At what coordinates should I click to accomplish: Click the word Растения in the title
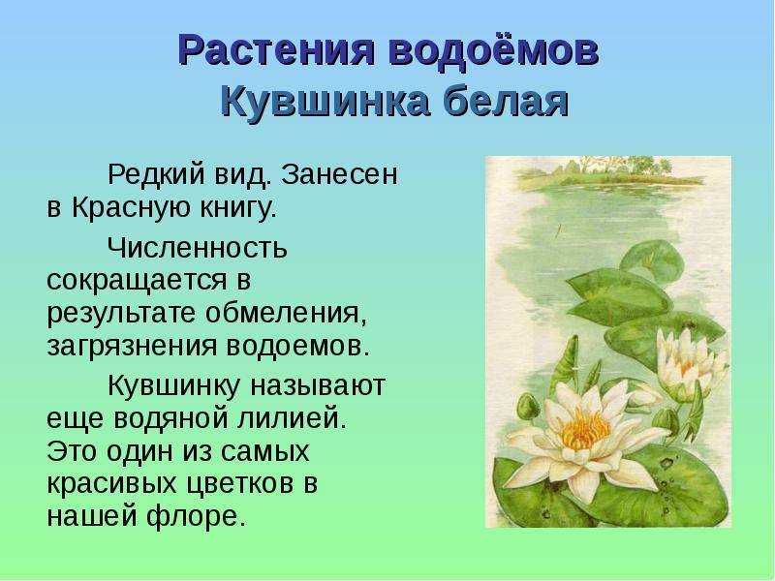[x=276, y=50]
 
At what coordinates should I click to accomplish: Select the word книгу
[x=238, y=208]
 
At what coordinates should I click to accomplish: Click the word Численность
[x=198, y=247]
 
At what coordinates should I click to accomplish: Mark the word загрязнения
[x=132, y=347]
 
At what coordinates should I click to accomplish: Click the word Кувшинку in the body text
[x=173, y=385]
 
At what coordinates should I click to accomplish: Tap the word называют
[x=318, y=385]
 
